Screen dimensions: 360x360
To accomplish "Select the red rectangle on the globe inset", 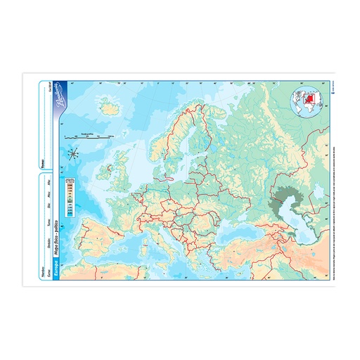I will (x=304, y=98).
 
